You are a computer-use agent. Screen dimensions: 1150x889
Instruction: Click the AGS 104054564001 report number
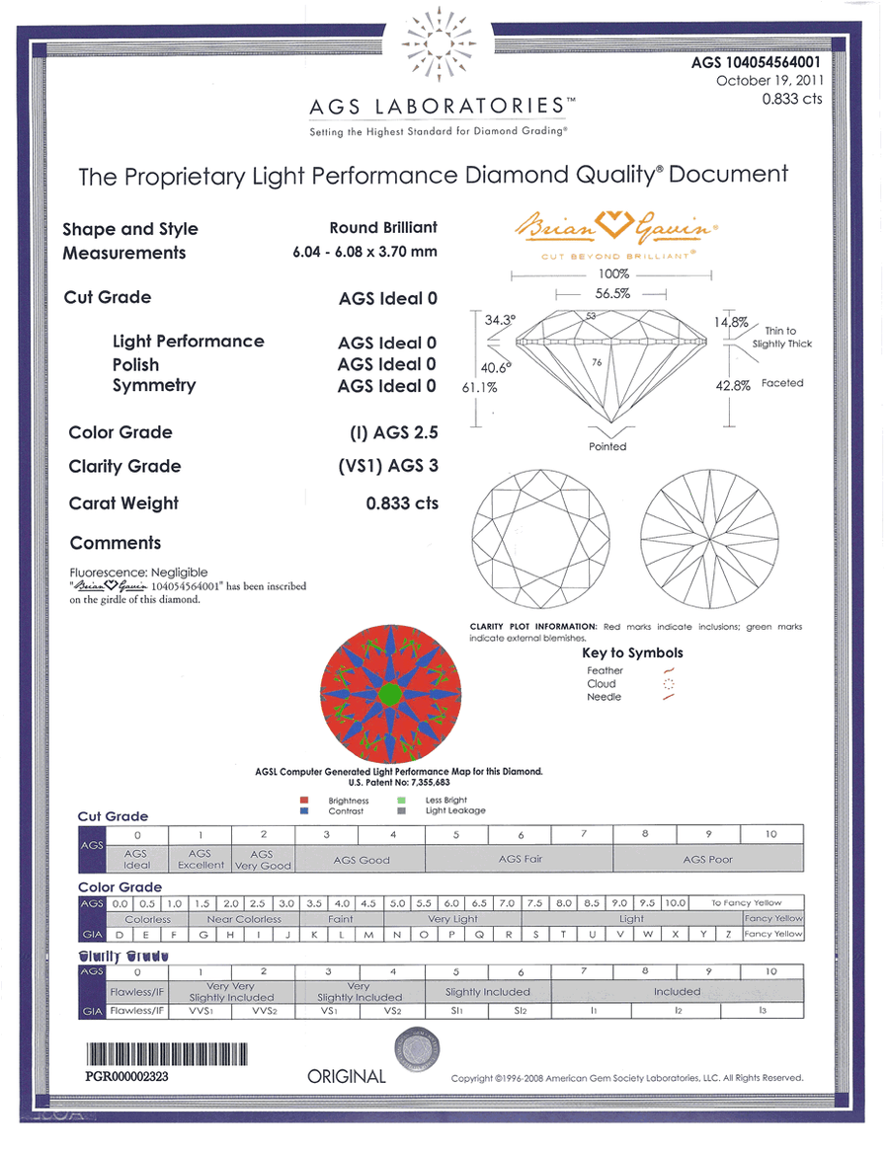pyautogui.click(x=756, y=62)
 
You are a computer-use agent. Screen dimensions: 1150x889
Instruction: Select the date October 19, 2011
pyautogui.click(x=768, y=81)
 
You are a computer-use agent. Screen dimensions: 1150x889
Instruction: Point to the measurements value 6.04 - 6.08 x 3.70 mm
pyautogui.click(x=364, y=252)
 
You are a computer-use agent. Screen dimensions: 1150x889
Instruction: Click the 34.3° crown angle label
pyautogui.click(x=500, y=320)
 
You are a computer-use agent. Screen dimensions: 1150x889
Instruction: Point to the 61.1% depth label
pyautogui.click(x=479, y=389)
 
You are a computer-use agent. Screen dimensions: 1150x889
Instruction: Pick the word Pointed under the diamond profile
pyautogui.click(x=607, y=446)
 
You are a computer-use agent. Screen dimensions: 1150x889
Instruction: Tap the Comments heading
pyautogui.click(x=116, y=543)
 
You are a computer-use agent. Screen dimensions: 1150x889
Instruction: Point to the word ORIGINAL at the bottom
pyautogui.click(x=347, y=1077)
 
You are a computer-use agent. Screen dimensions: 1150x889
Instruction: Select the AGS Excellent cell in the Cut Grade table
pyautogui.click(x=199, y=859)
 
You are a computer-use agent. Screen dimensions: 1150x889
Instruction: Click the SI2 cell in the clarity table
pyautogui.click(x=521, y=1011)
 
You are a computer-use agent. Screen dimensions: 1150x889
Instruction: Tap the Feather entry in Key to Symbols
pyautogui.click(x=605, y=670)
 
